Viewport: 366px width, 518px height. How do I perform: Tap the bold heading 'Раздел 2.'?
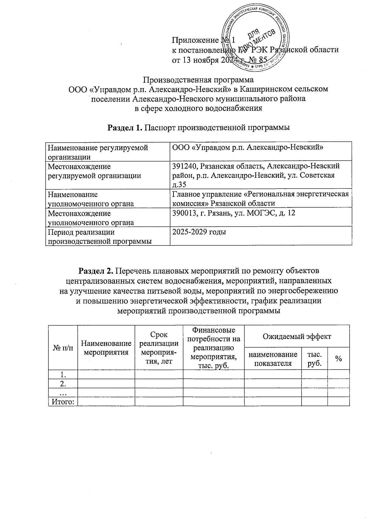(96, 270)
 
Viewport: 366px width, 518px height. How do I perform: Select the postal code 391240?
(185, 166)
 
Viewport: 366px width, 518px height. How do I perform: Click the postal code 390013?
(185, 213)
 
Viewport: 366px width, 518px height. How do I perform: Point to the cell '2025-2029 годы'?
(199, 232)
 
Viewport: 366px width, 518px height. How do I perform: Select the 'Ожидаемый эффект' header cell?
(297, 336)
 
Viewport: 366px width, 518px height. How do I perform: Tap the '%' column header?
(338, 359)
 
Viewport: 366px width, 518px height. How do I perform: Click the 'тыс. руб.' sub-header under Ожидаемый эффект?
(314, 359)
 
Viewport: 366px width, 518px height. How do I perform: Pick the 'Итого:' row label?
(63, 402)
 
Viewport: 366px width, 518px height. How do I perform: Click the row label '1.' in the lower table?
(63, 374)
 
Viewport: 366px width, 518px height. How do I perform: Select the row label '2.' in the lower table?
(63, 383)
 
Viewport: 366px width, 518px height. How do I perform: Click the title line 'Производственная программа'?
(198, 80)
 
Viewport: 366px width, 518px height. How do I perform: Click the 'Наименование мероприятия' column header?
(106, 348)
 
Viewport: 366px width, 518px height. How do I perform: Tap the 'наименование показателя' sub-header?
(273, 359)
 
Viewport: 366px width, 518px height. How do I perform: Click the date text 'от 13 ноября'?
(195, 60)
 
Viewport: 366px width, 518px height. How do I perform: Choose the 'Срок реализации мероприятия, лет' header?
(159, 348)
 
